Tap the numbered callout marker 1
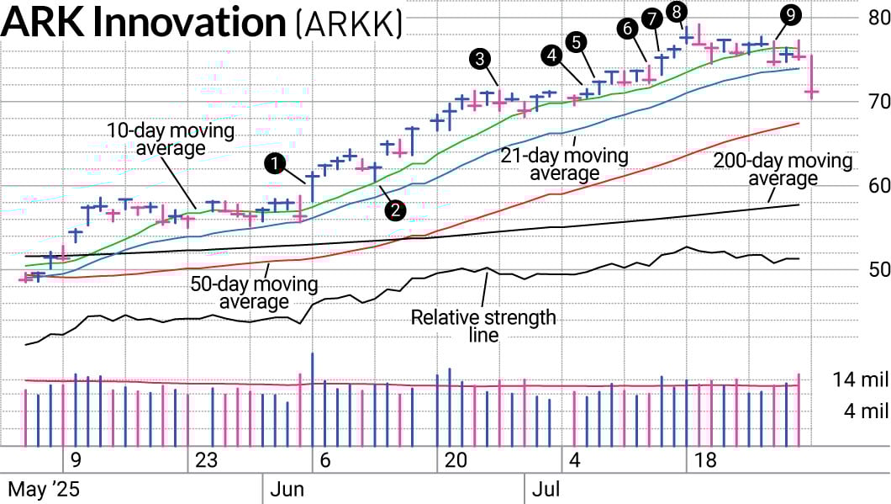(x=275, y=163)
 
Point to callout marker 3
(x=480, y=58)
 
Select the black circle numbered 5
(x=576, y=40)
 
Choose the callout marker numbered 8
(x=676, y=11)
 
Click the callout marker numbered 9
(x=788, y=14)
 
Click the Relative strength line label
(x=482, y=326)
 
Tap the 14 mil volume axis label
(x=861, y=379)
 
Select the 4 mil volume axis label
(x=866, y=411)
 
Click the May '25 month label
(x=40, y=489)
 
